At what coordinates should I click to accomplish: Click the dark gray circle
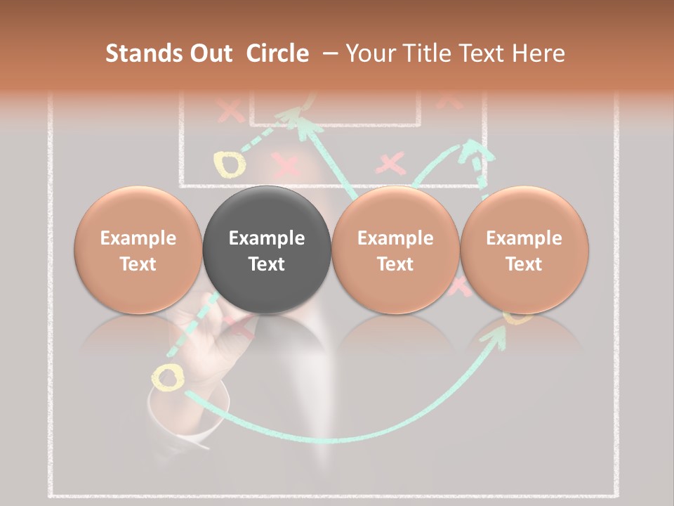(x=266, y=249)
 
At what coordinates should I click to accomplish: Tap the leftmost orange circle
(x=138, y=249)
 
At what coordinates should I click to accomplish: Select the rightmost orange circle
(x=524, y=249)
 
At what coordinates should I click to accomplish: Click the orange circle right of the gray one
(x=395, y=249)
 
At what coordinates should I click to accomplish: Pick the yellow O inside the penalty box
(x=230, y=164)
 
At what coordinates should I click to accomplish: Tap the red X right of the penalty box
(x=391, y=164)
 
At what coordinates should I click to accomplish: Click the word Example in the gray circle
(x=266, y=238)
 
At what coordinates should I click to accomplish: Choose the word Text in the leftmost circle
(x=138, y=264)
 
